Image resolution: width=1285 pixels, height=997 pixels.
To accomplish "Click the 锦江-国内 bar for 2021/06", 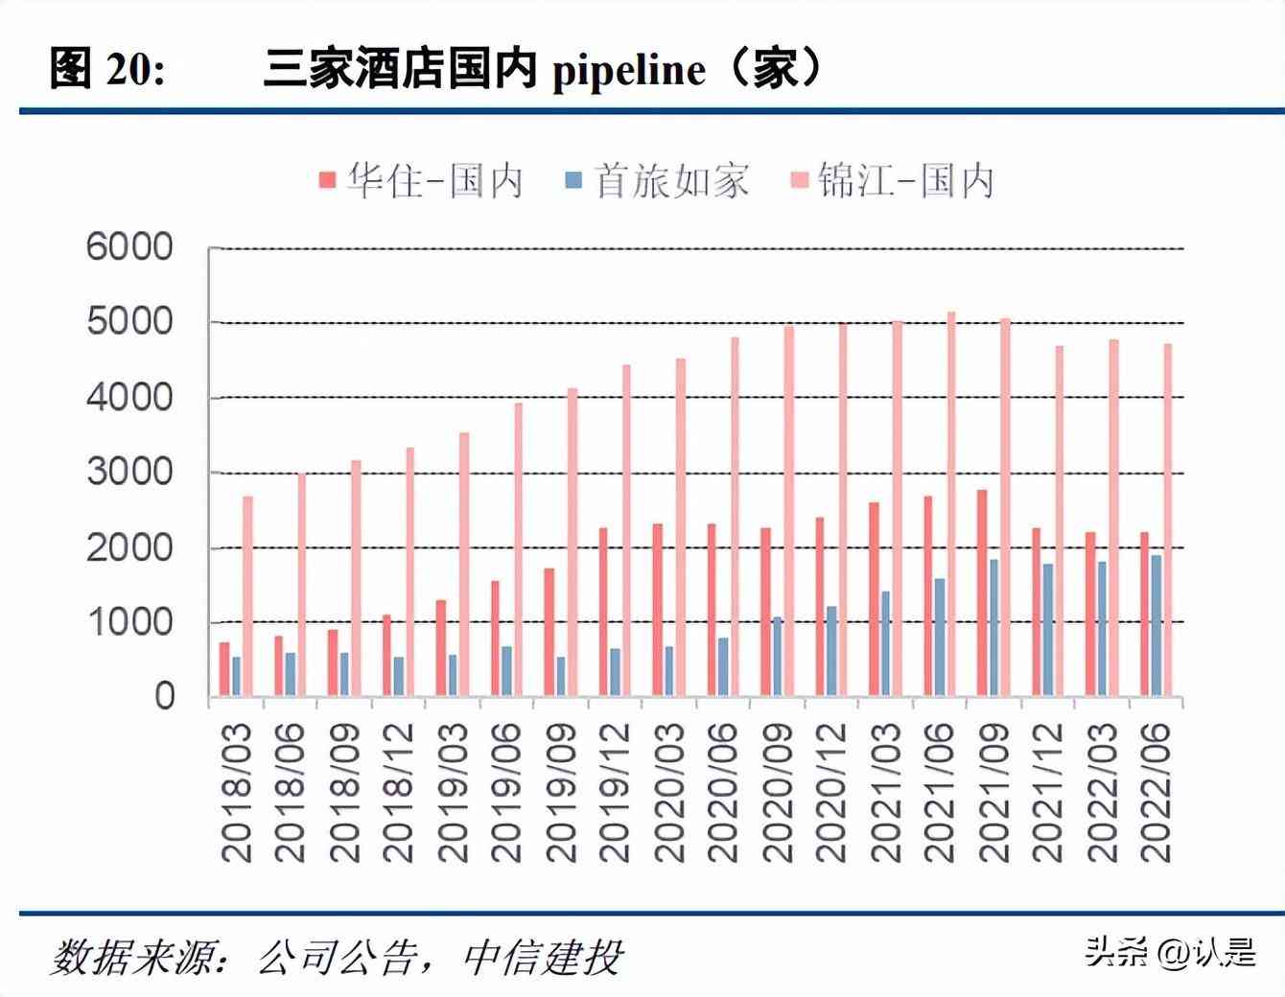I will tap(951, 503).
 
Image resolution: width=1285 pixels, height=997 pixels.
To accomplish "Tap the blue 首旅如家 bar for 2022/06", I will tap(1156, 625).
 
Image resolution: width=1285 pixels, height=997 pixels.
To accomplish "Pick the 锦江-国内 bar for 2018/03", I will tap(247, 595).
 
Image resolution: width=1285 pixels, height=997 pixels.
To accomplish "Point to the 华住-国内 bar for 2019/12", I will tap(603, 612).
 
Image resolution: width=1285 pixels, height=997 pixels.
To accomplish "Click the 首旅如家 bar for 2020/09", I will tap(778, 656).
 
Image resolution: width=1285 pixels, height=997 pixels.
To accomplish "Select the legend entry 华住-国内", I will tap(422, 180).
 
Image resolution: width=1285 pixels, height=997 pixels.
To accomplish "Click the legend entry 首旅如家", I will tap(658, 180).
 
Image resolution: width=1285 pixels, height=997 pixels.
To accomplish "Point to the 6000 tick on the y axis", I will tap(130, 247).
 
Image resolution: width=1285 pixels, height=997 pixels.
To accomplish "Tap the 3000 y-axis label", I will tap(130, 472).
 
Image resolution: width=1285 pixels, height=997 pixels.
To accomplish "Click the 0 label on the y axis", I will tap(165, 696).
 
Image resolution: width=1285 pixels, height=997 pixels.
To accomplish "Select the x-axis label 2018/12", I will tap(397, 792).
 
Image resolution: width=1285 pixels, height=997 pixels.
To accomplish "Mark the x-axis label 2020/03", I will tap(668, 792).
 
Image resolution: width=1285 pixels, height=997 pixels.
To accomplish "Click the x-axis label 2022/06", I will tap(1157, 792).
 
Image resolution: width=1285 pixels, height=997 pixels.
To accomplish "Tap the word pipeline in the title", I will tap(629, 69).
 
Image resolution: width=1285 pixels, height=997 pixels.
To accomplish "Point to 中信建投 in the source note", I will tap(543, 956).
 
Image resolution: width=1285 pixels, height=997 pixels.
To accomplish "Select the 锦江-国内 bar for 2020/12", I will tap(843, 509).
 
